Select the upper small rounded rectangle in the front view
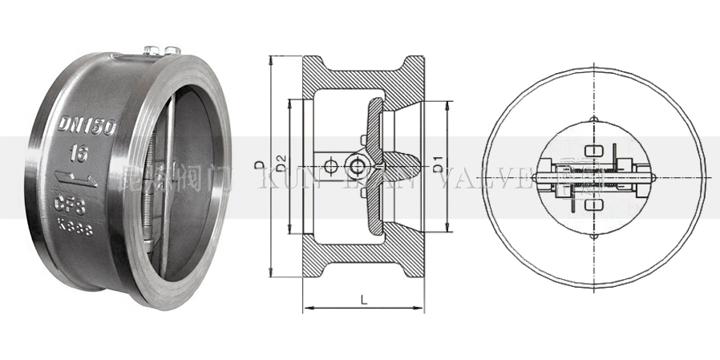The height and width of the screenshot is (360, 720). coord(593,150)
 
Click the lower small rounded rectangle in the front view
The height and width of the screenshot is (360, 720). coord(593,206)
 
